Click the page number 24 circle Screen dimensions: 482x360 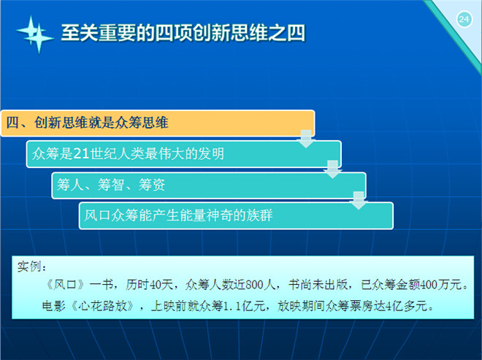(464, 20)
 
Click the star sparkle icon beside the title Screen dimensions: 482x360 (35, 34)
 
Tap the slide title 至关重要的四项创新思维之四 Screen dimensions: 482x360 (183, 33)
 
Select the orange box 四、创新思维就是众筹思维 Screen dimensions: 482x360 (158, 123)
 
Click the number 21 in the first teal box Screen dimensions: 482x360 (82, 153)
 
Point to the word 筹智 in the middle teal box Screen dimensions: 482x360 (111, 185)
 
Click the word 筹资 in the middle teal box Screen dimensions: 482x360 (152, 185)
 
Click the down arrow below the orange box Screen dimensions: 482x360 (306, 139)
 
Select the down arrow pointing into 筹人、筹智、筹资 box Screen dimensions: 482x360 (332, 169)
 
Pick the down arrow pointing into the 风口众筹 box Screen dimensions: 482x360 (359, 200)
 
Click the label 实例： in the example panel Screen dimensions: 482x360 (31, 267)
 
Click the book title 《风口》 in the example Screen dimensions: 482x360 (65, 285)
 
